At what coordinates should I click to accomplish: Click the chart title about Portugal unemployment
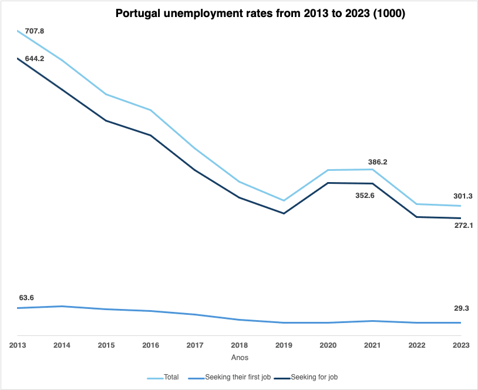coord(260,14)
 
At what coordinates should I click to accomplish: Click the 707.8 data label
coord(35,30)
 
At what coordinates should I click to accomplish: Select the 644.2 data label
coord(35,59)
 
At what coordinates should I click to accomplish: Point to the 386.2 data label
coord(377,162)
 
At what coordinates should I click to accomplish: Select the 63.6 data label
coord(26,298)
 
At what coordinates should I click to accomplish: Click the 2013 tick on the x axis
coord(18,345)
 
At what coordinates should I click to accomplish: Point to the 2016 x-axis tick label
coord(151,345)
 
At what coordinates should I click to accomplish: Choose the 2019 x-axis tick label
coord(284,345)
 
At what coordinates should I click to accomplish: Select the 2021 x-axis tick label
coord(372,345)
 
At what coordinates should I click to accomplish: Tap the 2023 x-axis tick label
coord(461,345)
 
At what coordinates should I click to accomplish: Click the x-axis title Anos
coord(240,357)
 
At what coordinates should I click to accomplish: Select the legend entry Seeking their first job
coord(238,377)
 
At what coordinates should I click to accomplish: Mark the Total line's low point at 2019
coord(284,201)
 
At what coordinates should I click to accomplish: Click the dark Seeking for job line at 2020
coord(328,183)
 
